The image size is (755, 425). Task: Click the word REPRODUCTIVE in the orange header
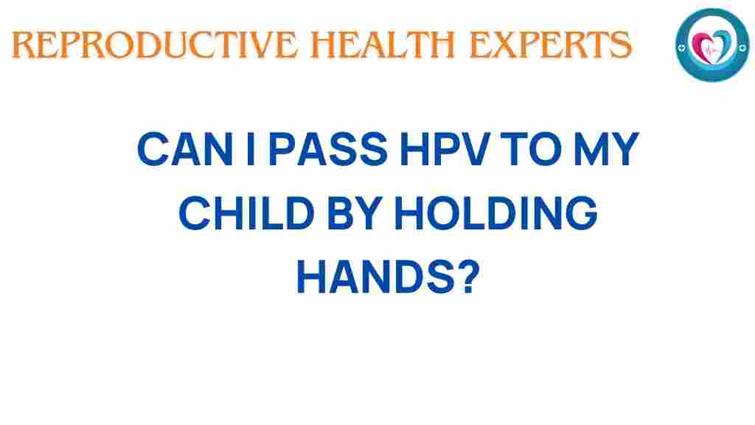pyautogui.click(x=155, y=45)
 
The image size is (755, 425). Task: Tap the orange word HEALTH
pyautogui.click(x=383, y=45)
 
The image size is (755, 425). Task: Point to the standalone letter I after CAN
pyautogui.click(x=250, y=149)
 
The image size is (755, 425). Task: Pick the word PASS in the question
pyautogui.click(x=329, y=149)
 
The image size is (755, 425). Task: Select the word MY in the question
pyautogui.click(x=608, y=149)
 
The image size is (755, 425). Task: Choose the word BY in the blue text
pyautogui.click(x=355, y=212)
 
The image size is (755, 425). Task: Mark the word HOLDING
pyautogui.click(x=496, y=212)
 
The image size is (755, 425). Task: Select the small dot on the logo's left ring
pyautogui.click(x=681, y=48)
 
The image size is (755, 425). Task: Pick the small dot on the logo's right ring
pyautogui.click(x=742, y=48)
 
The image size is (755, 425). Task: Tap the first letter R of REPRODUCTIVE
pyautogui.click(x=21, y=45)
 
